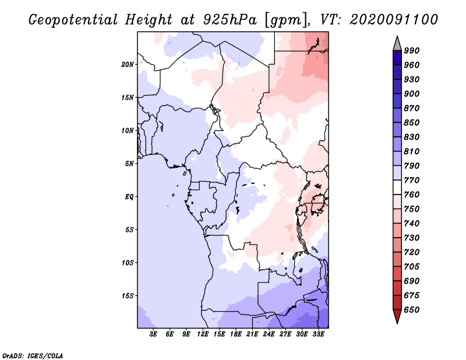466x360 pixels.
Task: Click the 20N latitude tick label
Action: click(x=128, y=64)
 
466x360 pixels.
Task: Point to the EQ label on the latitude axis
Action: click(x=129, y=196)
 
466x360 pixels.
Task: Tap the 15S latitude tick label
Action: click(x=128, y=295)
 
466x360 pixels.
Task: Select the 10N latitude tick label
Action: click(x=128, y=130)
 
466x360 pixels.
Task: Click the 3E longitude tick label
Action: click(x=154, y=335)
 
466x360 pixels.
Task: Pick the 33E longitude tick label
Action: click(x=319, y=335)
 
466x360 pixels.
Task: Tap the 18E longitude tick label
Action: click(x=236, y=335)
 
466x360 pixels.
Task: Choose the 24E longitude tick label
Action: click(x=269, y=335)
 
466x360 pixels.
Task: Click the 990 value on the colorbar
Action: click(x=412, y=51)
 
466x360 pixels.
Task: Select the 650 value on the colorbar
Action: click(x=412, y=309)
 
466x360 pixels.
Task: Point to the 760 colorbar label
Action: click(x=412, y=195)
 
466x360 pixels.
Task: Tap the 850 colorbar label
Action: click(x=412, y=123)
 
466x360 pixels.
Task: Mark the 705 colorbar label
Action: click(x=412, y=266)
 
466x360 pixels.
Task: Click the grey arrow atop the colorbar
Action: click(x=397, y=43)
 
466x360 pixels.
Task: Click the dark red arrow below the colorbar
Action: click(x=397, y=316)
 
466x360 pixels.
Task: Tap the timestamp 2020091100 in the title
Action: click(x=394, y=20)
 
